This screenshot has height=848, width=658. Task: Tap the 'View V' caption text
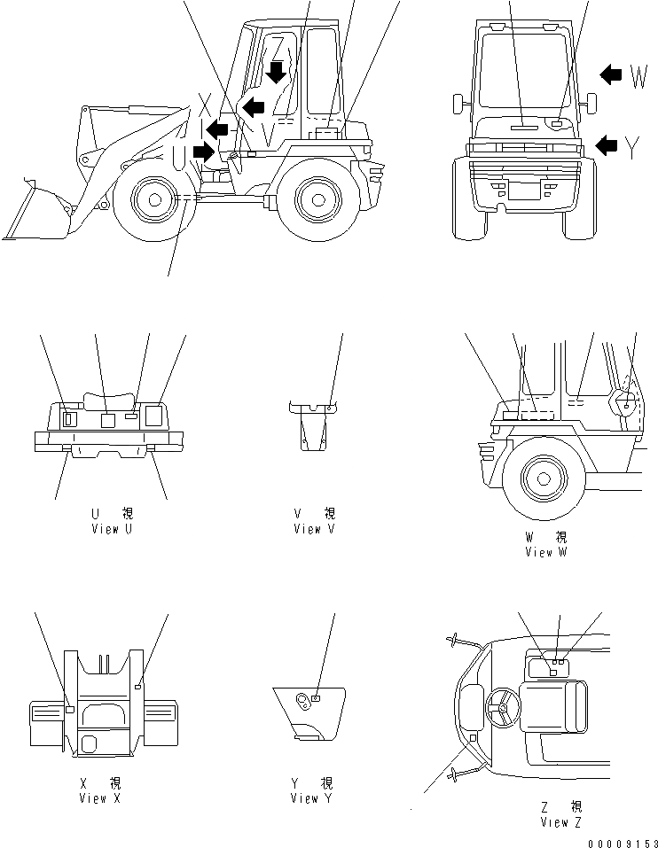(x=315, y=529)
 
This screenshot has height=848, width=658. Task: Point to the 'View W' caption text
(x=551, y=552)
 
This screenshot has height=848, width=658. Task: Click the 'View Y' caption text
(x=311, y=798)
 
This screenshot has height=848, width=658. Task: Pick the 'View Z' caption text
(x=561, y=821)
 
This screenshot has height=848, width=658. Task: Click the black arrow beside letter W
(x=611, y=75)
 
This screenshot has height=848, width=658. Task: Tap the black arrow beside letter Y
(x=607, y=145)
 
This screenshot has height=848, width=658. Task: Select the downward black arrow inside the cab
(x=278, y=71)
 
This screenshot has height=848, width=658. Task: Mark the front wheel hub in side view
(x=154, y=200)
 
